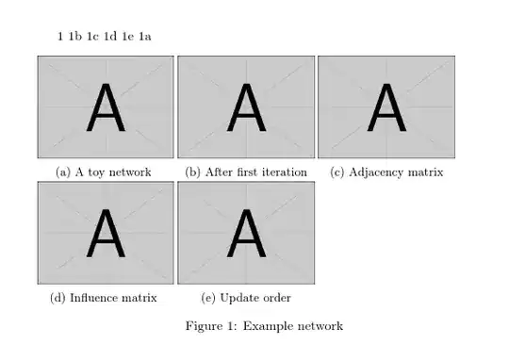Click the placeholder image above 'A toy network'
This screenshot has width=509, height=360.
pyautogui.click(x=106, y=106)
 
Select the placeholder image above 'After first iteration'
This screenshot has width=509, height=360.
pyautogui.click(x=246, y=106)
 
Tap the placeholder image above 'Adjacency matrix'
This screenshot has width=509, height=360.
pyautogui.click(x=386, y=106)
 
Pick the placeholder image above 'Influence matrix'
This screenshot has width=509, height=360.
pyautogui.click(x=106, y=233)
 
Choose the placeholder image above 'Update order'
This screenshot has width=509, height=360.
pyautogui.click(x=246, y=233)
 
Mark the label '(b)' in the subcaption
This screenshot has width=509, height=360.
pyautogui.click(x=193, y=172)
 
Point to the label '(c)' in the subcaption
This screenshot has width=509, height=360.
pyautogui.click(x=337, y=172)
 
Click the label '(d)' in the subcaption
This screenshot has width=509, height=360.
pyautogui.click(x=57, y=298)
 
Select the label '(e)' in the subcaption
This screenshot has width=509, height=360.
pyautogui.click(x=209, y=298)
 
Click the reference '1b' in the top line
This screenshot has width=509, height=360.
pyautogui.click(x=74, y=37)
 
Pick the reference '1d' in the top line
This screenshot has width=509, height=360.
pyautogui.click(x=110, y=37)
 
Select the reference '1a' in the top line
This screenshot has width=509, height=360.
pyautogui.click(x=145, y=37)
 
